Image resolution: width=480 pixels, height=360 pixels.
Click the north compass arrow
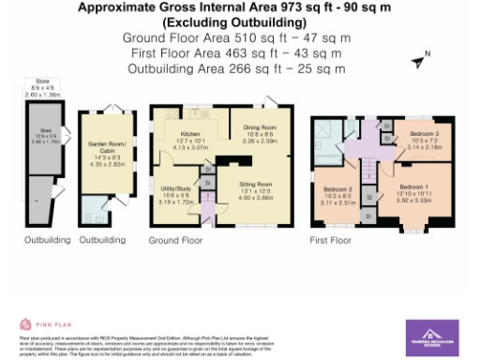tap(418, 61)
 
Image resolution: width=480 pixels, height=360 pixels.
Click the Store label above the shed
tap(41, 83)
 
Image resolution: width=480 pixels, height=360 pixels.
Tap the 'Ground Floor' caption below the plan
tap(175, 240)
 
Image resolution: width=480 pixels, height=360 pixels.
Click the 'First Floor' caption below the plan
tap(331, 240)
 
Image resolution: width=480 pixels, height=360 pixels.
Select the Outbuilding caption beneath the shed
tap(46, 240)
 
